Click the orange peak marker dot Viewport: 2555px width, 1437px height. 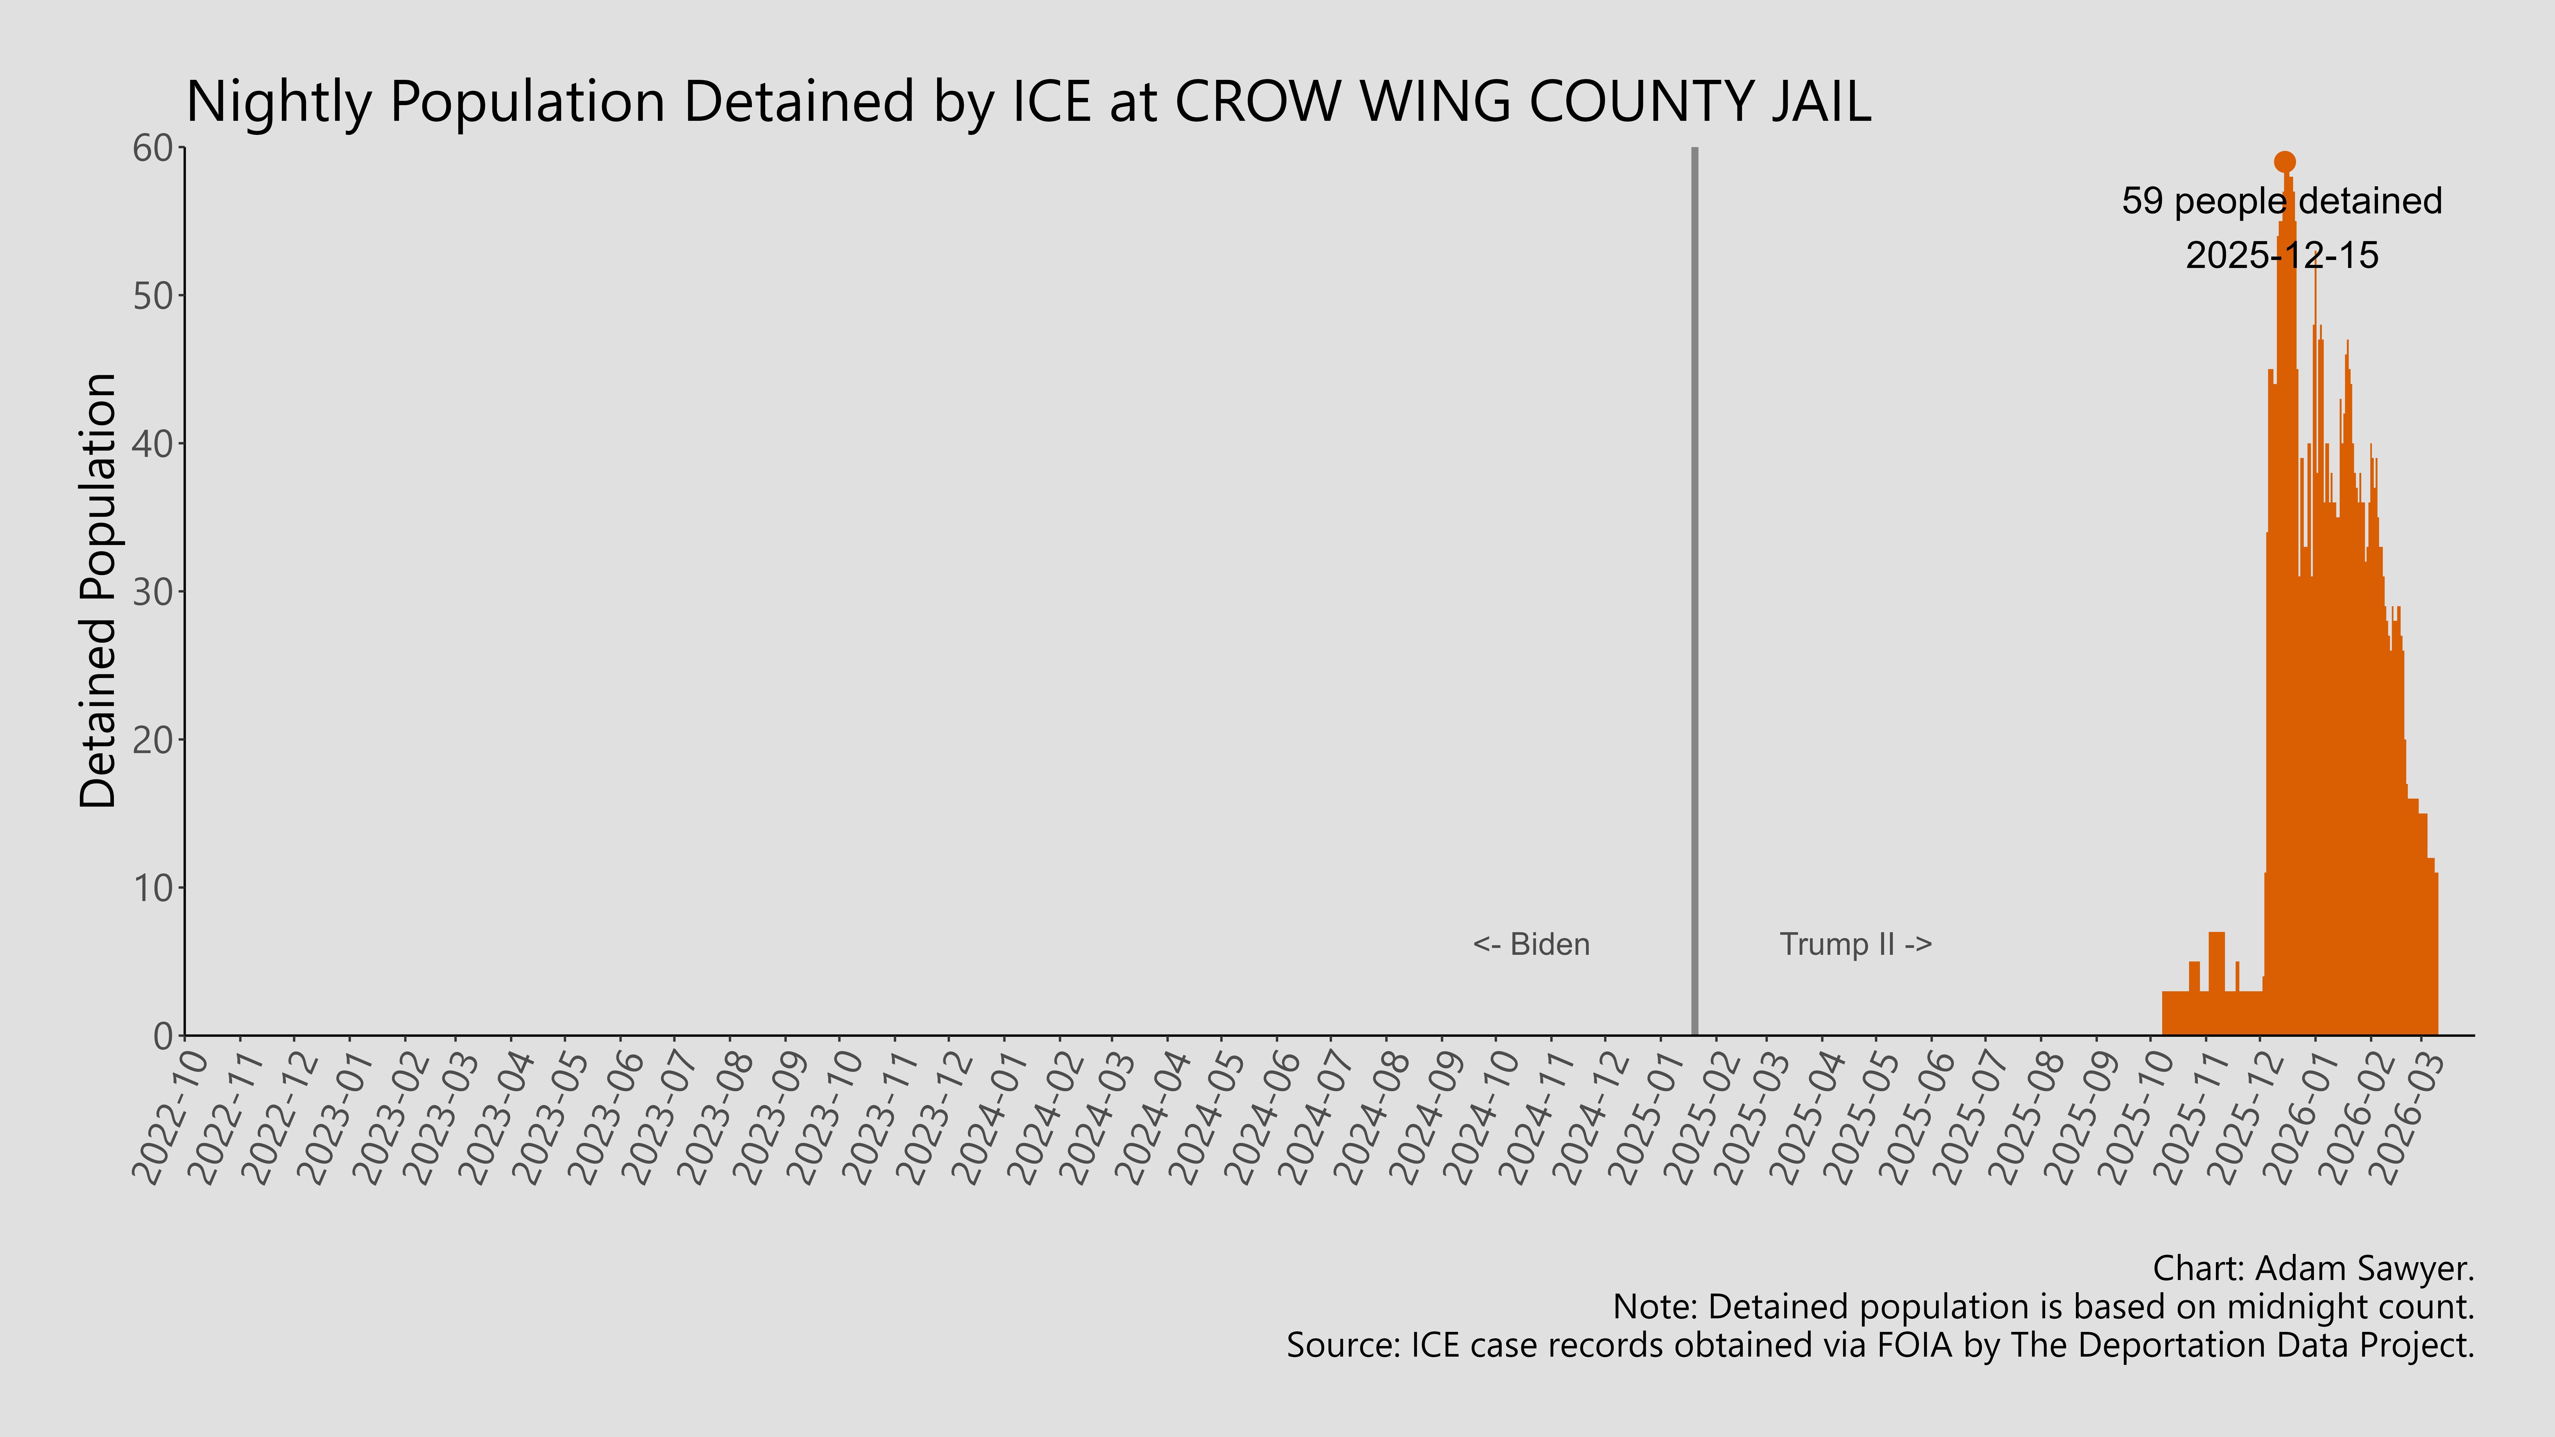point(2284,162)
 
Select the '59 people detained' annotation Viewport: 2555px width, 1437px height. point(2281,201)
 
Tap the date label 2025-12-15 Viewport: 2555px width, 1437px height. point(2281,256)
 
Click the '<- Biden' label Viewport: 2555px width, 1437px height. point(1530,944)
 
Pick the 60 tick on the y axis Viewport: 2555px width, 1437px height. point(154,149)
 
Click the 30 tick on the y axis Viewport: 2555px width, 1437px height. point(154,592)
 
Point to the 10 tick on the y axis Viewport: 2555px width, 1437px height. point(154,887)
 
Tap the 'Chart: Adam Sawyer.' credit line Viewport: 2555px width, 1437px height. point(2313,1268)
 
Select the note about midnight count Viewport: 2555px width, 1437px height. point(2043,1307)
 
